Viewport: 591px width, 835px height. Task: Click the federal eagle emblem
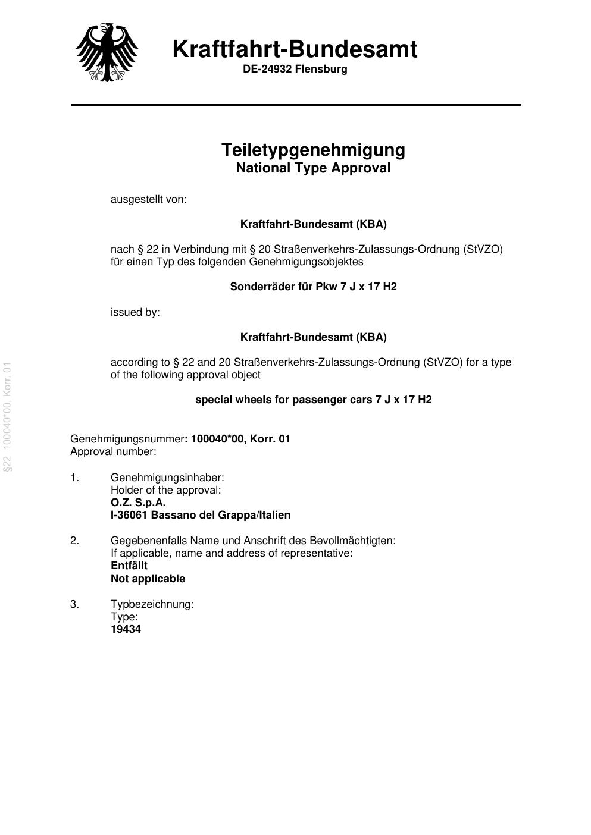click(x=107, y=52)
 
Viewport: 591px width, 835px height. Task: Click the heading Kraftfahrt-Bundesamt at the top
click(x=295, y=49)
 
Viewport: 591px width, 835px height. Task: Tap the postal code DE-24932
click(x=267, y=69)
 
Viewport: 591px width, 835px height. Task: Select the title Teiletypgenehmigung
click(x=313, y=149)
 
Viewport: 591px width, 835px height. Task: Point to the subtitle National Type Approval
click(x=313, y=168)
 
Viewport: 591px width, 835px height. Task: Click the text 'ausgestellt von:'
click(x=148, y=199)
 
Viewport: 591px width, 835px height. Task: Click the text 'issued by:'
click(x=135, y=312)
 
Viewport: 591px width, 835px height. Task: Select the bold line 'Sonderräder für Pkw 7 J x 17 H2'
click(x=313, y=287)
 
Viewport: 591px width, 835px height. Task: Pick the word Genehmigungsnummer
click(x=127, y=439)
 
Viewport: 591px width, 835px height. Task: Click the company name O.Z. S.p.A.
click(x=138, y=502)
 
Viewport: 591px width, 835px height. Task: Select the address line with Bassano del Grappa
click(x=201, y=515)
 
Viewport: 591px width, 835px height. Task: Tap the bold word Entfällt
click(x=129, y=566)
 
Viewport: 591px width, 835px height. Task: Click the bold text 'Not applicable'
click(x=148, y=579)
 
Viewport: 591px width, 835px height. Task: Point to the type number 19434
click(x=126, y=629)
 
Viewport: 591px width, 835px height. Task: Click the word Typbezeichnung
click(x=152, y=604)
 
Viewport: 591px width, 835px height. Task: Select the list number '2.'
click(x=74, y=541)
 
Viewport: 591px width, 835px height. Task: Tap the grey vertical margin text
click(x=8, y=416)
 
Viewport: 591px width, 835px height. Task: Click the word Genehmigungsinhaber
click(x=167, y=478)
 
